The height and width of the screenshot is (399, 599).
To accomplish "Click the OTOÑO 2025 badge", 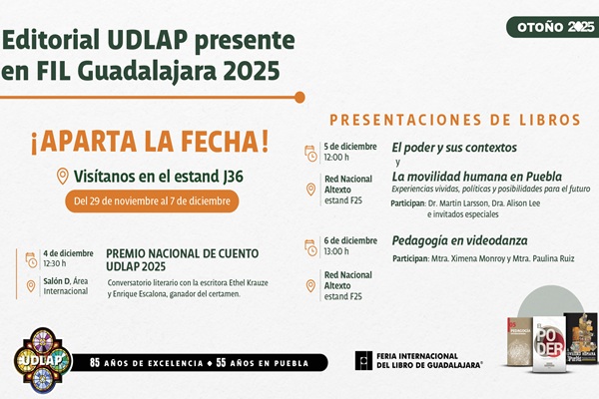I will pos(552,27).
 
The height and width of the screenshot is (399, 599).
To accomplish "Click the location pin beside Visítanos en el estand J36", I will pos(63,177).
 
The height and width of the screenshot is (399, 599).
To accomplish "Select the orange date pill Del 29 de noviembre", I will pos(153,200).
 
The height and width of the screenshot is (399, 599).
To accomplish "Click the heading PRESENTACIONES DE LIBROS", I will pos(455,120).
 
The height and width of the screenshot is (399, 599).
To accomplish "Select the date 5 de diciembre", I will pos(349,147).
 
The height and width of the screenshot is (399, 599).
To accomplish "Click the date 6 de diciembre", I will pos(349,239).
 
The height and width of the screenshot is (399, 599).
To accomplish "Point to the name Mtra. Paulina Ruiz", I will pos(547,258).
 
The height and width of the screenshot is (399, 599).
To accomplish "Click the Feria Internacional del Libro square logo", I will pos(363,360).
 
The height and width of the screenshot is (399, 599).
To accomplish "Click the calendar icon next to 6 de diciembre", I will pos(310,245).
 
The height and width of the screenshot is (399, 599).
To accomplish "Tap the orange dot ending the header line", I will pos(299,97).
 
